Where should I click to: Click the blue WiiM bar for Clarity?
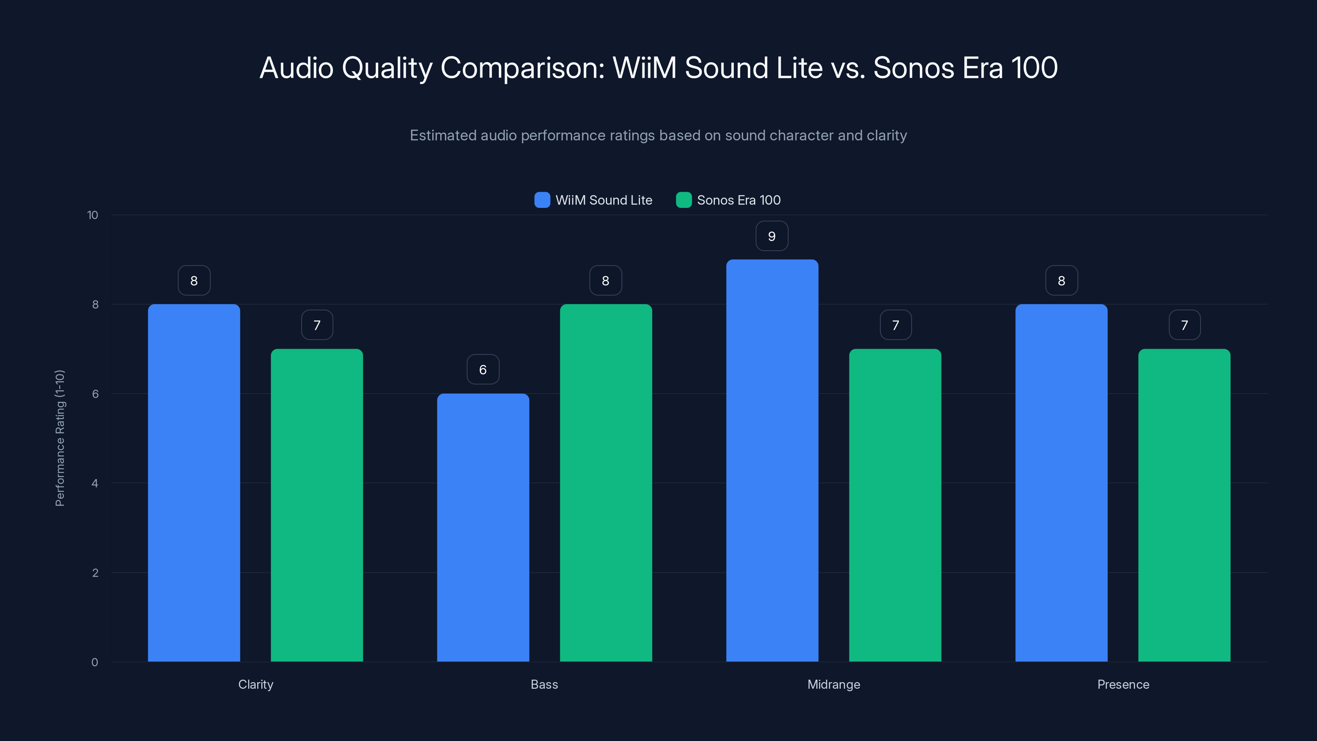point(194,483)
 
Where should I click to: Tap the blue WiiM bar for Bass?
point(483,527)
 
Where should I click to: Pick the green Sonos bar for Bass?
point(606,483)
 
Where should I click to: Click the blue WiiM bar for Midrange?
point(772,460)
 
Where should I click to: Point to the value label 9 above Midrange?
point(772,236)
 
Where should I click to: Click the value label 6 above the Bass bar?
point(483,370)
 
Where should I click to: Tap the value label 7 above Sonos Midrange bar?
point(895,325)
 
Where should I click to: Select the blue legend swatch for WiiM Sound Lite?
point(542,200)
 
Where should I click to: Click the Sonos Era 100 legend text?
point(738,200)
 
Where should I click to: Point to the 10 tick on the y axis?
point(93,215)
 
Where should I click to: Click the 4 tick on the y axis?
point(95,483)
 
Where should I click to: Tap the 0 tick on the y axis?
point(95,662)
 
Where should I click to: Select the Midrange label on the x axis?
point(833,684)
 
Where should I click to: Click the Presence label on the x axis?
point(1123,684)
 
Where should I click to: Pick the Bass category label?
point(544,684)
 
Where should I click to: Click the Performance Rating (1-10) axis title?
point(60,438)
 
